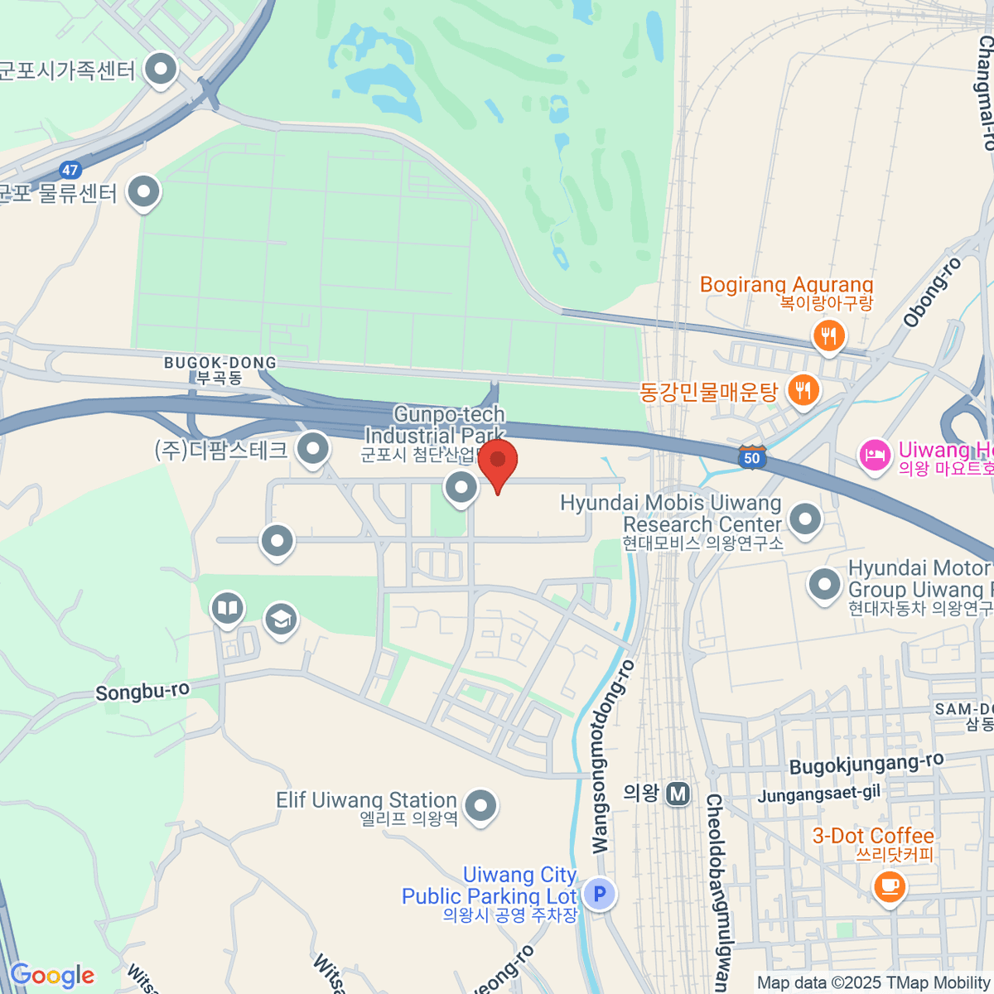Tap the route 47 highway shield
[70, 170]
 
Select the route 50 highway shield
[751, 457]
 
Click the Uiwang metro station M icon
[678, 794]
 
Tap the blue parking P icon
[600, 894]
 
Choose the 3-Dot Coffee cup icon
[889, 886]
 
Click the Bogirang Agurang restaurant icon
[828, 336]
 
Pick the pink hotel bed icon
[875, 455]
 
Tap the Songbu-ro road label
[142, 691]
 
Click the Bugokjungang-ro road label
[866, 764]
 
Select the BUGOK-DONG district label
[220, 369]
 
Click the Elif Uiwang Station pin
[480, 804]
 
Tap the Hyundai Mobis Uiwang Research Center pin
[804, 520]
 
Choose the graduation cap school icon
[281, 619]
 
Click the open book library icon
[227, 609]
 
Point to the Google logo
[53, 976]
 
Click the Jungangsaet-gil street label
[819, 794]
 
